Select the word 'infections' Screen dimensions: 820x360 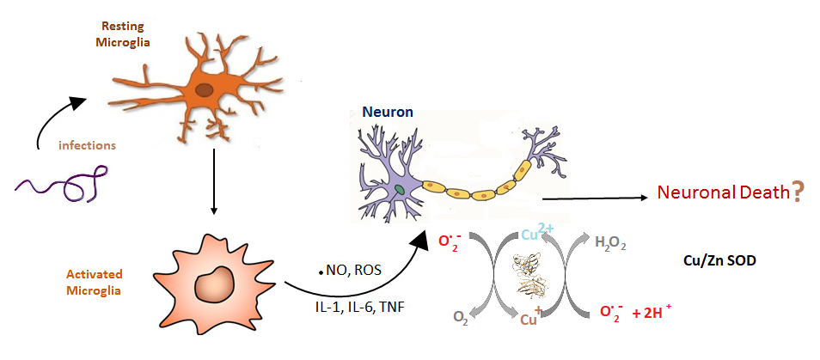[x=87, y=145]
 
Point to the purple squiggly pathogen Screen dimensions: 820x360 [x=62, y=185]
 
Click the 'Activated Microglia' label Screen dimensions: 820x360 [x=95, y=282]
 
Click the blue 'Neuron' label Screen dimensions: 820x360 [x=388, y=112]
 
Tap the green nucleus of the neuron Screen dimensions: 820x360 [x=400, y=189]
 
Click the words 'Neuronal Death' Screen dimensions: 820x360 [x=723, y=192]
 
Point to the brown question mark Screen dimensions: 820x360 [x=797, y=192]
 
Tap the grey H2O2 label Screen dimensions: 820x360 [x=611, y=243]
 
